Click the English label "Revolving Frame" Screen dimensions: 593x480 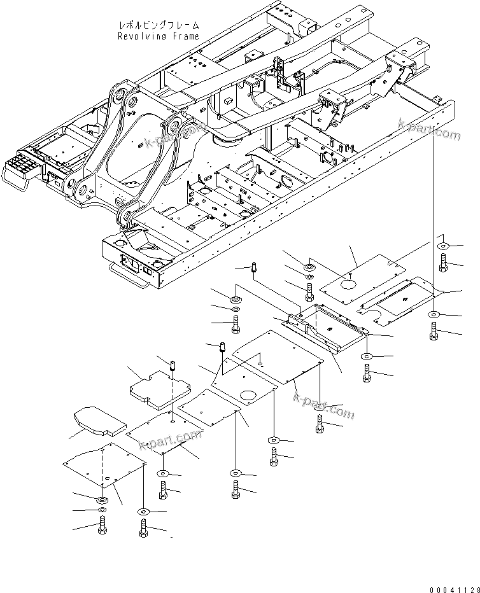pyautogui.click(x=159, y=36)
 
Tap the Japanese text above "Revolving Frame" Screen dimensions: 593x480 pyautogui.click(x=159, y=25)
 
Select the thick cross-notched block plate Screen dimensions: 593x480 pyautogui.click(x=160, y=389)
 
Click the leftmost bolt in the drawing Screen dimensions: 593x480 pyautogui.click(x=101, y=526)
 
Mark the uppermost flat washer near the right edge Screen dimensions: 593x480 pyautogui.click(x=443, y=246)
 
